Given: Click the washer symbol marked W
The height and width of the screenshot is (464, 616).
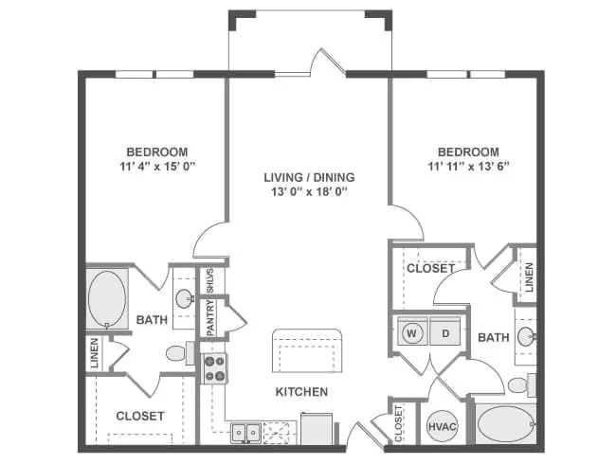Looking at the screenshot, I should (413, 332).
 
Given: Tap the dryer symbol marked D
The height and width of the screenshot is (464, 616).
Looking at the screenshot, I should (444, 332).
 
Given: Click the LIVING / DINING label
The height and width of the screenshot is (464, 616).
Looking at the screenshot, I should (309, 177).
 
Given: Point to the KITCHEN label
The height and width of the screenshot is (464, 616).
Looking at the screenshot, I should (301, 391).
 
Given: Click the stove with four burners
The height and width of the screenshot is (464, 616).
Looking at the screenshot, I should (215, 367).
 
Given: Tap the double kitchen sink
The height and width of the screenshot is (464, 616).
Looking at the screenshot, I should (247, 432).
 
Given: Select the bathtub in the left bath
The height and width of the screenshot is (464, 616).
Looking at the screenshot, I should (107, 299).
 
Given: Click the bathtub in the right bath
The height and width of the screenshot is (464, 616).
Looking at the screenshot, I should (505, 422).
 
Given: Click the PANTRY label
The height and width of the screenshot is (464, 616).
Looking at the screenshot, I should (210, 318).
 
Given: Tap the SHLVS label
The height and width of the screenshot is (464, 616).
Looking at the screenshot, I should (210, 281).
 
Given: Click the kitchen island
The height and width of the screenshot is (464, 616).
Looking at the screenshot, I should (305, 351).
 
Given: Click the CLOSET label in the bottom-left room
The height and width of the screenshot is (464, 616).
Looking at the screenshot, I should (140, 415).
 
